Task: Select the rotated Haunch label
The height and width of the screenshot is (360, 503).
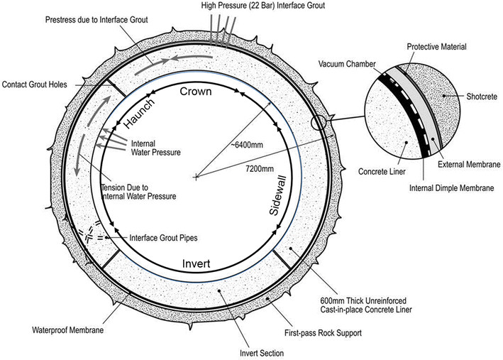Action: (139, 113)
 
